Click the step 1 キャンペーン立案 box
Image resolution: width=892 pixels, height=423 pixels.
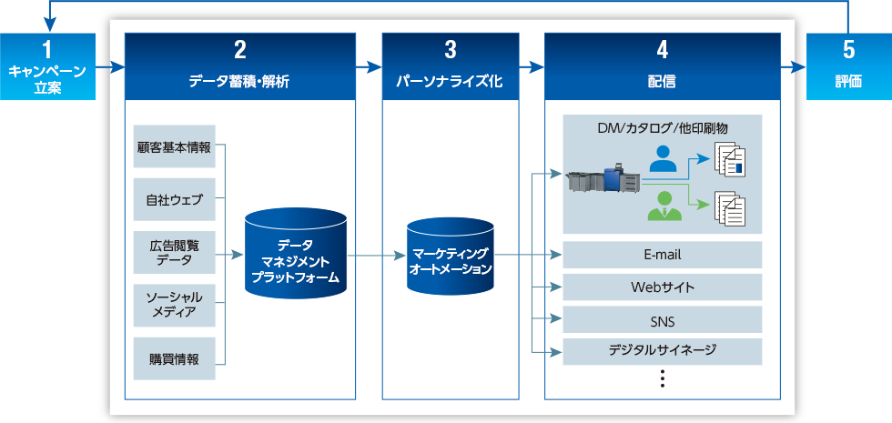pyautogui.click(x=47, y=66)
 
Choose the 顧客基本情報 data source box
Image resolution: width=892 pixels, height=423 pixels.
pyautogui.click(x=174, y=146)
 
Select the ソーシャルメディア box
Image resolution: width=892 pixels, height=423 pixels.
pyautogui.click(x=174, y=306)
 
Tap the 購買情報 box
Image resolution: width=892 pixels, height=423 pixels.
pyautogui.click(x=174, y=358)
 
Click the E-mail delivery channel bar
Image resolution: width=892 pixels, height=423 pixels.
pyautogui.click(x=662, y=255)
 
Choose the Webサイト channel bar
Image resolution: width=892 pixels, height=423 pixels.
pyautogui.click(x=662, y=287)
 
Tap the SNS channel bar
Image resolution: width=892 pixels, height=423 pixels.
pyautogui.click(x=662, y=320)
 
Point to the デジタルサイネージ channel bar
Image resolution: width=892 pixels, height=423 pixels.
pyautogui.click(x=662, y=350)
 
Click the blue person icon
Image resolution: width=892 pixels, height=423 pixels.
pyautogui.click(x=664, y=162)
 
